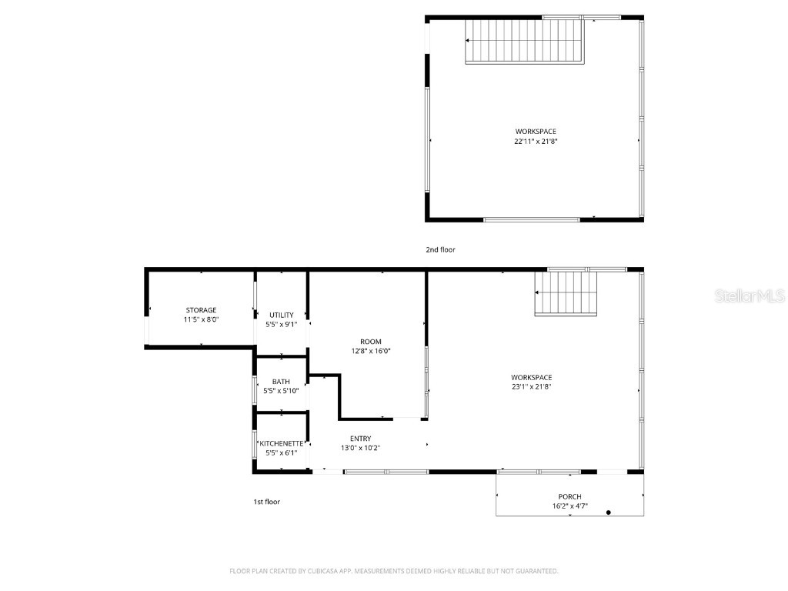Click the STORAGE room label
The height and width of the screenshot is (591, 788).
pos(201,310)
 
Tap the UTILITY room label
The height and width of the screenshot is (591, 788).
pos(281,315)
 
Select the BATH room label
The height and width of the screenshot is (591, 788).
pos(281,381)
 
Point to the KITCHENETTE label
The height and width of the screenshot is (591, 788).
pos(281,443)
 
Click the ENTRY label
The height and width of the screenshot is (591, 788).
pos(360,439)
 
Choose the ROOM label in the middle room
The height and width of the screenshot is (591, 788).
pos(371,342)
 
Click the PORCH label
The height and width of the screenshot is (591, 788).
pos(569,496)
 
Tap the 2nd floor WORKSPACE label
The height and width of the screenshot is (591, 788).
pos(536,132)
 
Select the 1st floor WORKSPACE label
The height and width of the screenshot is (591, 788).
pos(531,377)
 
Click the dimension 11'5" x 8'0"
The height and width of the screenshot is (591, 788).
pos(201,320)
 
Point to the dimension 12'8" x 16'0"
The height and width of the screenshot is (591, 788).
pos(371,351)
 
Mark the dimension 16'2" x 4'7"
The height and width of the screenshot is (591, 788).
pos(569,506)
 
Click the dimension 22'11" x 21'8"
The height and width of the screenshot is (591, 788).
pos(536,142)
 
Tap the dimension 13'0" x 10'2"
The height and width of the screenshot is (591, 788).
pos(360,448)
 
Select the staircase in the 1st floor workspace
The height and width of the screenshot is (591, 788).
pos(566,294)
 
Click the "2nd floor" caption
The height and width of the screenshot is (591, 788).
pos(441,249)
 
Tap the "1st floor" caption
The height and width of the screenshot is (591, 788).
pos(267,502)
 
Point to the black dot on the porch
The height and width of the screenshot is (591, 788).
pos(609,512)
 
